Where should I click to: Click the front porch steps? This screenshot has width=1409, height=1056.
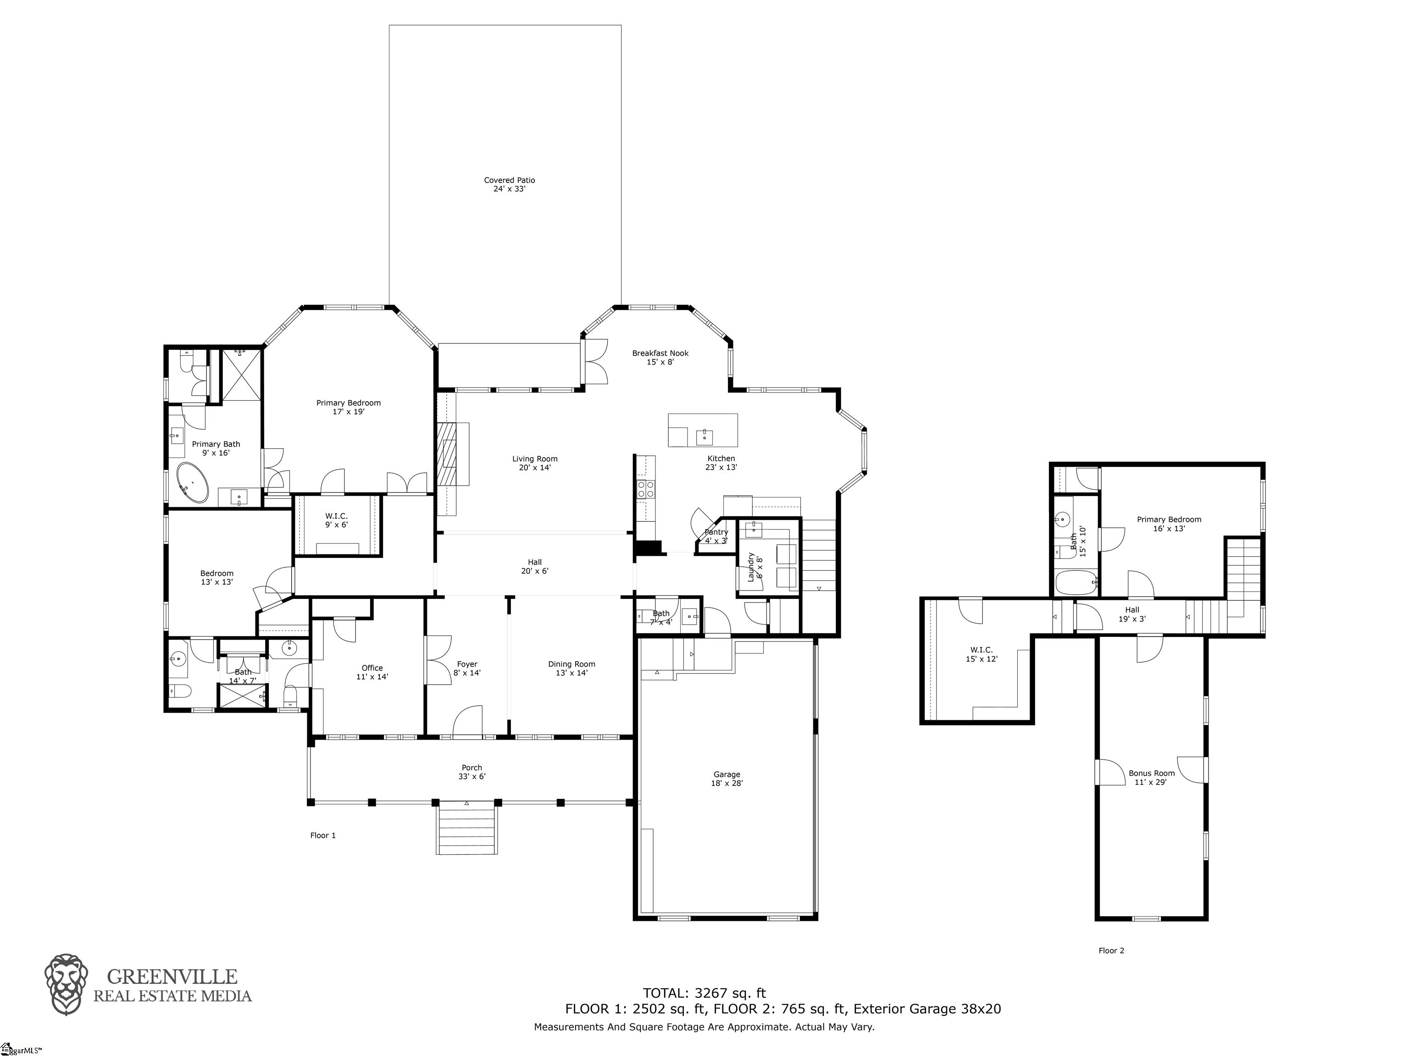click(466, 829)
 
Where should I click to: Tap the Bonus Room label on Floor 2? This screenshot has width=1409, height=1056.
click(1151, 777)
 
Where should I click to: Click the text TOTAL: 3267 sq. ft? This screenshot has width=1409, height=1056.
click(704, 993)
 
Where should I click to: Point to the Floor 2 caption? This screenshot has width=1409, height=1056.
click(1111, 950)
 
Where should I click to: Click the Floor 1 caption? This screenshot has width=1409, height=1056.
click(323, 835)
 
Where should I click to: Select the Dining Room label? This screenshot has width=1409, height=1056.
click(571, 668)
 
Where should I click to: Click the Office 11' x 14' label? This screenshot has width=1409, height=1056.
click(372, 672)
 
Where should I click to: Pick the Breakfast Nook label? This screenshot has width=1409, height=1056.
click(660, 357)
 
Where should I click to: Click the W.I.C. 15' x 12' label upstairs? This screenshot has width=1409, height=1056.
click(981, 654)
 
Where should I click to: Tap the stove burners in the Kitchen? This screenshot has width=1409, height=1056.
click(646, 488)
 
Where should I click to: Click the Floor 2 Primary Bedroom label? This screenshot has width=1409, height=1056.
click(1169, 524)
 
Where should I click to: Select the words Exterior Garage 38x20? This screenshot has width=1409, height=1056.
click(927, 1009)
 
